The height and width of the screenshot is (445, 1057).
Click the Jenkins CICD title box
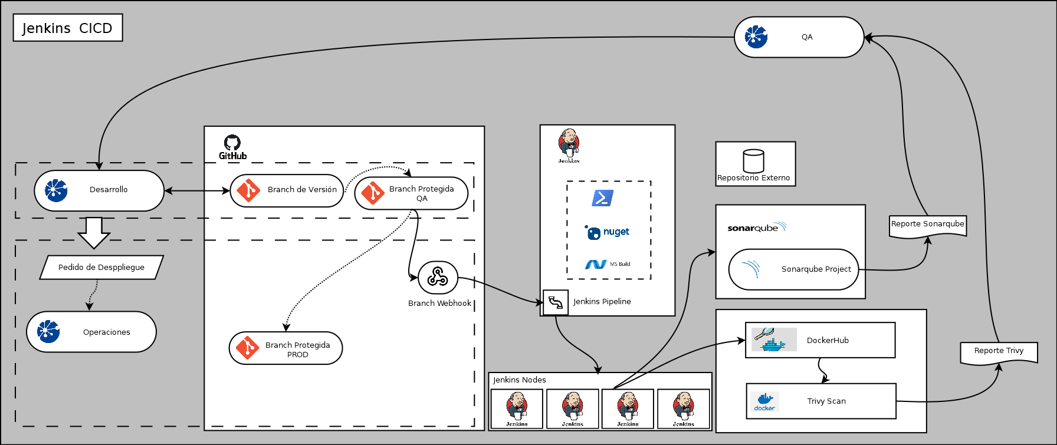pyautogui.click(x=68, y=28)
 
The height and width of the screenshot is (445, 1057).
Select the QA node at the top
pyautogui.click(x=799, y=37)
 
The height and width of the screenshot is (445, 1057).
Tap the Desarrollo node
pyautogui.click(x=99, y=190)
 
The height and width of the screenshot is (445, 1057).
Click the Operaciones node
pyautogui.click(x=91, y=332)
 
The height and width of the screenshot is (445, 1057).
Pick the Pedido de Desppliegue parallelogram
pyautogui.click(x=101, y=268)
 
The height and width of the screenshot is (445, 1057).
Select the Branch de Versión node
pyautogui.click(x=287, y=190)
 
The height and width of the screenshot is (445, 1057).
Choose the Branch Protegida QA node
pyautogui.click(x=411, y=193)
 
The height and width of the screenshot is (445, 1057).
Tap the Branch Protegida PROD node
pyautogui.click(x=285, y=348)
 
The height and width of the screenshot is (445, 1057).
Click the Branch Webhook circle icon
pyautogui.click(x=438, y=277)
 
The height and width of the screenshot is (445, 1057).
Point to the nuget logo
pyautogui.click(x=608, y=232)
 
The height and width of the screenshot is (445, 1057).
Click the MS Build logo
pyautogui.click(x=608, y=264)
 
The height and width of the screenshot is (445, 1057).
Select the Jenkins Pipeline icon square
pyautogui.click(x=555, y=302)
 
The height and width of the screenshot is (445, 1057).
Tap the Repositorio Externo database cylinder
pyautogui.click(x=754, y=160)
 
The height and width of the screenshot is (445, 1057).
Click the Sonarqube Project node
pyautogui.click(x=793, y=269)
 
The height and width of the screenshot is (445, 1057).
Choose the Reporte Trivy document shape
pyautogui.click(x=999, y=352)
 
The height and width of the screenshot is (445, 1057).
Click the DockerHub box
pyautogui.click(x=820, y=340)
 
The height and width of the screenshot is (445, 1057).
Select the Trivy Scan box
pyautogui.click(x=821, y=401)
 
